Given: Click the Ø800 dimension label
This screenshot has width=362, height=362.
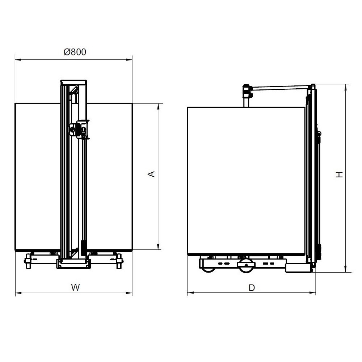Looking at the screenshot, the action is (75, 52).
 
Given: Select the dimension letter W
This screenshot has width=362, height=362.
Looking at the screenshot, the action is (75, 287).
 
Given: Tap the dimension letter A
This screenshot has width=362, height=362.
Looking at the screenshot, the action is (151, 174).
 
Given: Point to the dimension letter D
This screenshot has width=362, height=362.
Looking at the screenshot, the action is (252, 288).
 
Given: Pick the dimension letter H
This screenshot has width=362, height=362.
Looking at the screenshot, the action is (340, 174).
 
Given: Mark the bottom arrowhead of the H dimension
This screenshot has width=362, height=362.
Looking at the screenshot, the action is (346, 269).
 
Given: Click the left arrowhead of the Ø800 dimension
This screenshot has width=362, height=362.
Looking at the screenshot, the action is (18, 60).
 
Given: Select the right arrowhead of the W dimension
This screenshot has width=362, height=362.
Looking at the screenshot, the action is (129, 293).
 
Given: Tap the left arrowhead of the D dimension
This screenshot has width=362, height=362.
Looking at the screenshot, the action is (191, 293).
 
